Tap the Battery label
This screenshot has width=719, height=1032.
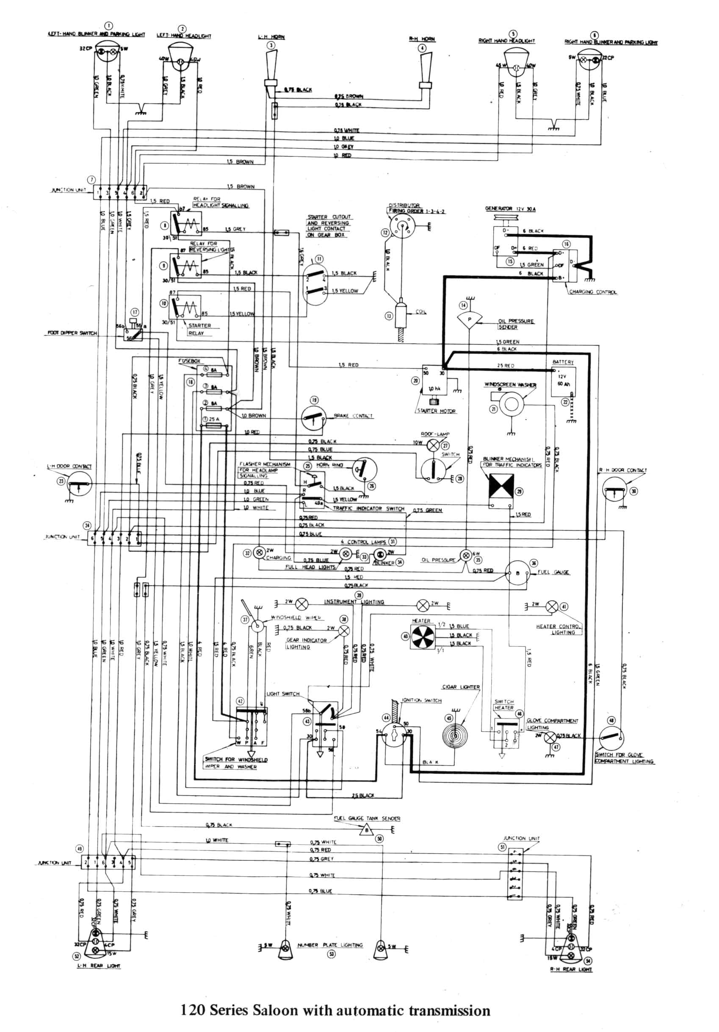(563, 362)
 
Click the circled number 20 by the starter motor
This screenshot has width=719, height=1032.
(415, 381)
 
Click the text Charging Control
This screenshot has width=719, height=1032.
(593, 292)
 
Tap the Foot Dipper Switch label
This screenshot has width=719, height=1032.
(72, 333)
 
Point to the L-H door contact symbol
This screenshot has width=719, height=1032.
(79, 484)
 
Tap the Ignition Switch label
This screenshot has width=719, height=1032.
(421, 701)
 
